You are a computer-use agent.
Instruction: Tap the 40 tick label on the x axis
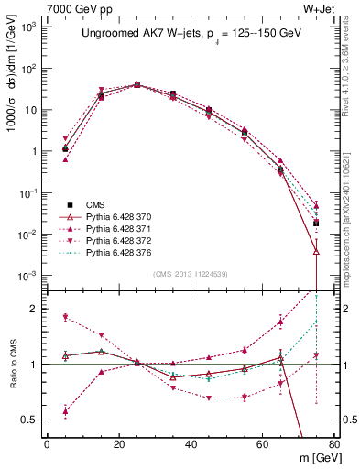point(191,444)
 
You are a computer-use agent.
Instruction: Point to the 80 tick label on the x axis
point(333,444)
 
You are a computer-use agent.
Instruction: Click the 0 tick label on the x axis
point(47,444)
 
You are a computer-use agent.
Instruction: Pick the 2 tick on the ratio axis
point(33,309)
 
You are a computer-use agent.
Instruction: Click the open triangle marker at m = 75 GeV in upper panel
point(316,250)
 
